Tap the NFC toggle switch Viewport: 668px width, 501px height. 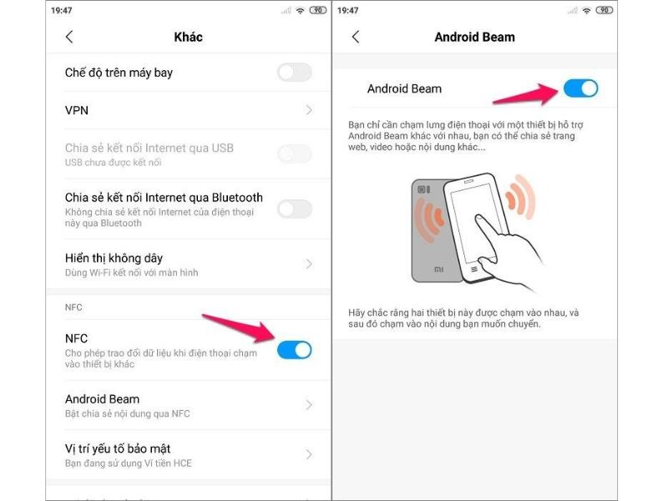[294, 350]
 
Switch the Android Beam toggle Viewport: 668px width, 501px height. [581, 89]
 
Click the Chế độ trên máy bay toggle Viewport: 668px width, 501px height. [294, 73]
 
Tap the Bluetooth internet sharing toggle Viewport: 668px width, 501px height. [294, 209]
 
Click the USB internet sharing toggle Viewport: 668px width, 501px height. [294, 154]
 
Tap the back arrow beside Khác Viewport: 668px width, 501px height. [69, 37]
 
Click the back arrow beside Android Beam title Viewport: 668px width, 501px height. [356, 37]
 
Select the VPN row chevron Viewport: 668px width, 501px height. [309, 110]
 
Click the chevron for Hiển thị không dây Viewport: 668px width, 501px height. [309, 264]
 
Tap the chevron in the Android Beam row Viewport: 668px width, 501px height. [309, 405]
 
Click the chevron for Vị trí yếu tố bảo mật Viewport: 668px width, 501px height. [309, 454]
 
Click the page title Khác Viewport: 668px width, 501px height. [188, 37]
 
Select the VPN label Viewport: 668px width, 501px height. [77, 110]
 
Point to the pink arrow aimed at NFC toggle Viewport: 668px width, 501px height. [238, 326]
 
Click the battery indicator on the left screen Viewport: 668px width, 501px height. [318, 11]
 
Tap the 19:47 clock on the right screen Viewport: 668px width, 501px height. [348, 11]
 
